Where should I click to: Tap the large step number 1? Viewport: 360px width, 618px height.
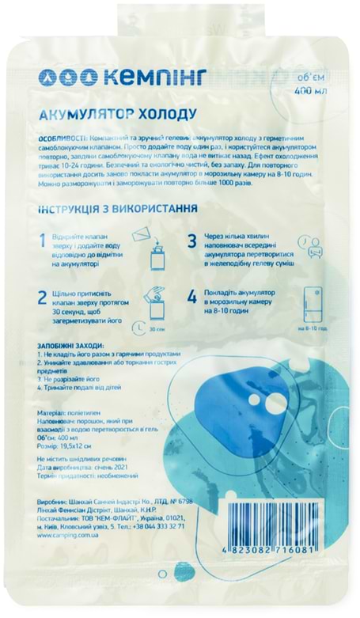tap(44, 241)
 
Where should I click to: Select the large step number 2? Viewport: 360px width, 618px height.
tap(44, 299)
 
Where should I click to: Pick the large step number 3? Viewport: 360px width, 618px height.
tap(191, 241)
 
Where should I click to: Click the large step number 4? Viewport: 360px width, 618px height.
tap(191, 299)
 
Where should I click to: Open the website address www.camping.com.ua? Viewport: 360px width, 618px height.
tap(68, 536)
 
